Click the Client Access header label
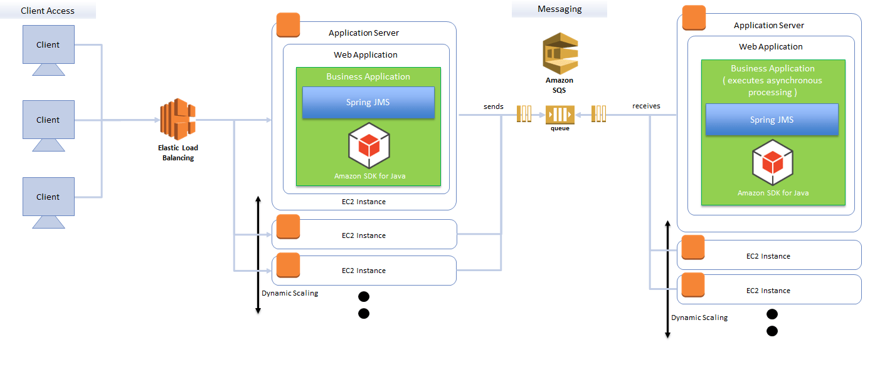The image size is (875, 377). [x=48, y=11]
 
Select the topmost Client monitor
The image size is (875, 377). [x=48, y=44]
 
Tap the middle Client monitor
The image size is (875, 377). [x=48, y=120]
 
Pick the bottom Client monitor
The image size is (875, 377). [x=48, y=197]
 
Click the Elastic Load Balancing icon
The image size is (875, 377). [x=178, y=119]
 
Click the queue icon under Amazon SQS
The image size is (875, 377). [x=559, y=114]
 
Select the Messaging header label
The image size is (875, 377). [x=559, y=9]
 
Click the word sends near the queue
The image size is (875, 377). [x=493, y=106]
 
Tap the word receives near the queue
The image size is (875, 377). [x=646, y=106]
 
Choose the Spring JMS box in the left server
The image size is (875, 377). [x=368, y=103]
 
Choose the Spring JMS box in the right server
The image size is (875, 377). [x=772, y=120]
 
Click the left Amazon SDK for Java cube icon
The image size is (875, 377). [x=369, y=146]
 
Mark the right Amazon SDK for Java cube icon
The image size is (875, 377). [x=773, y=163]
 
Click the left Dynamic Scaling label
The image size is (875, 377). [x=290, y=293]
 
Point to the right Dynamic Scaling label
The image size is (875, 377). [x=699, y=318]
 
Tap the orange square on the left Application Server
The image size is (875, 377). [x=288, y=25]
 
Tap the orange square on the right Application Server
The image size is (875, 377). [x=694, y=18]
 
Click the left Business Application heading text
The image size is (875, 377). [x=368, y=76]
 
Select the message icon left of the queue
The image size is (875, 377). [x=524, y=114]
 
